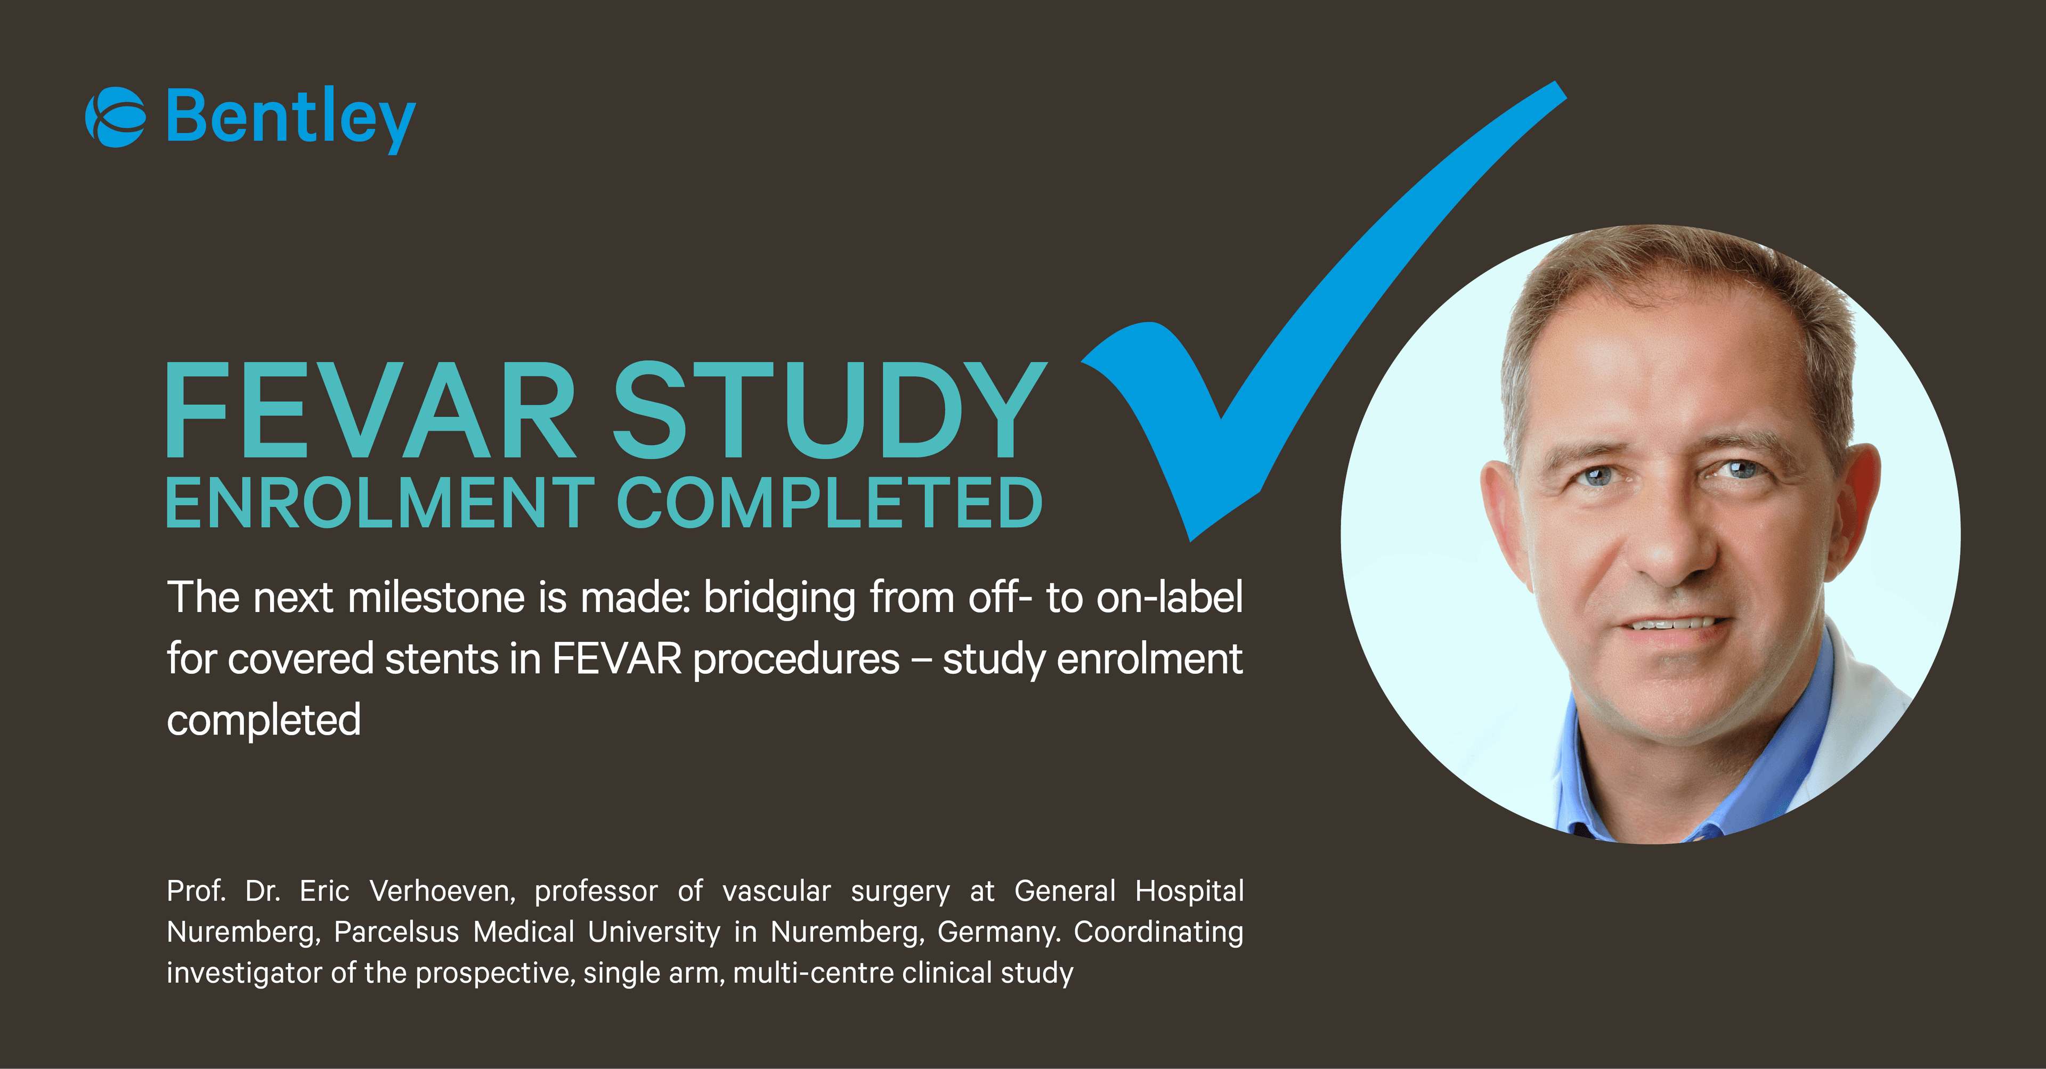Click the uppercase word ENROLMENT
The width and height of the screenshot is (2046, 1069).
(380, 503)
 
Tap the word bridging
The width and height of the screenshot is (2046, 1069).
(779, 599)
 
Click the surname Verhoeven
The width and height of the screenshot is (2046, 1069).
(442, 891)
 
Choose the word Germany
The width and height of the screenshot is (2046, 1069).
(998, 932)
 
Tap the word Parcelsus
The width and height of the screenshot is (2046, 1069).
(396, 932)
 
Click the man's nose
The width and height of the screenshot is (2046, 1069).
(1668, 548)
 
